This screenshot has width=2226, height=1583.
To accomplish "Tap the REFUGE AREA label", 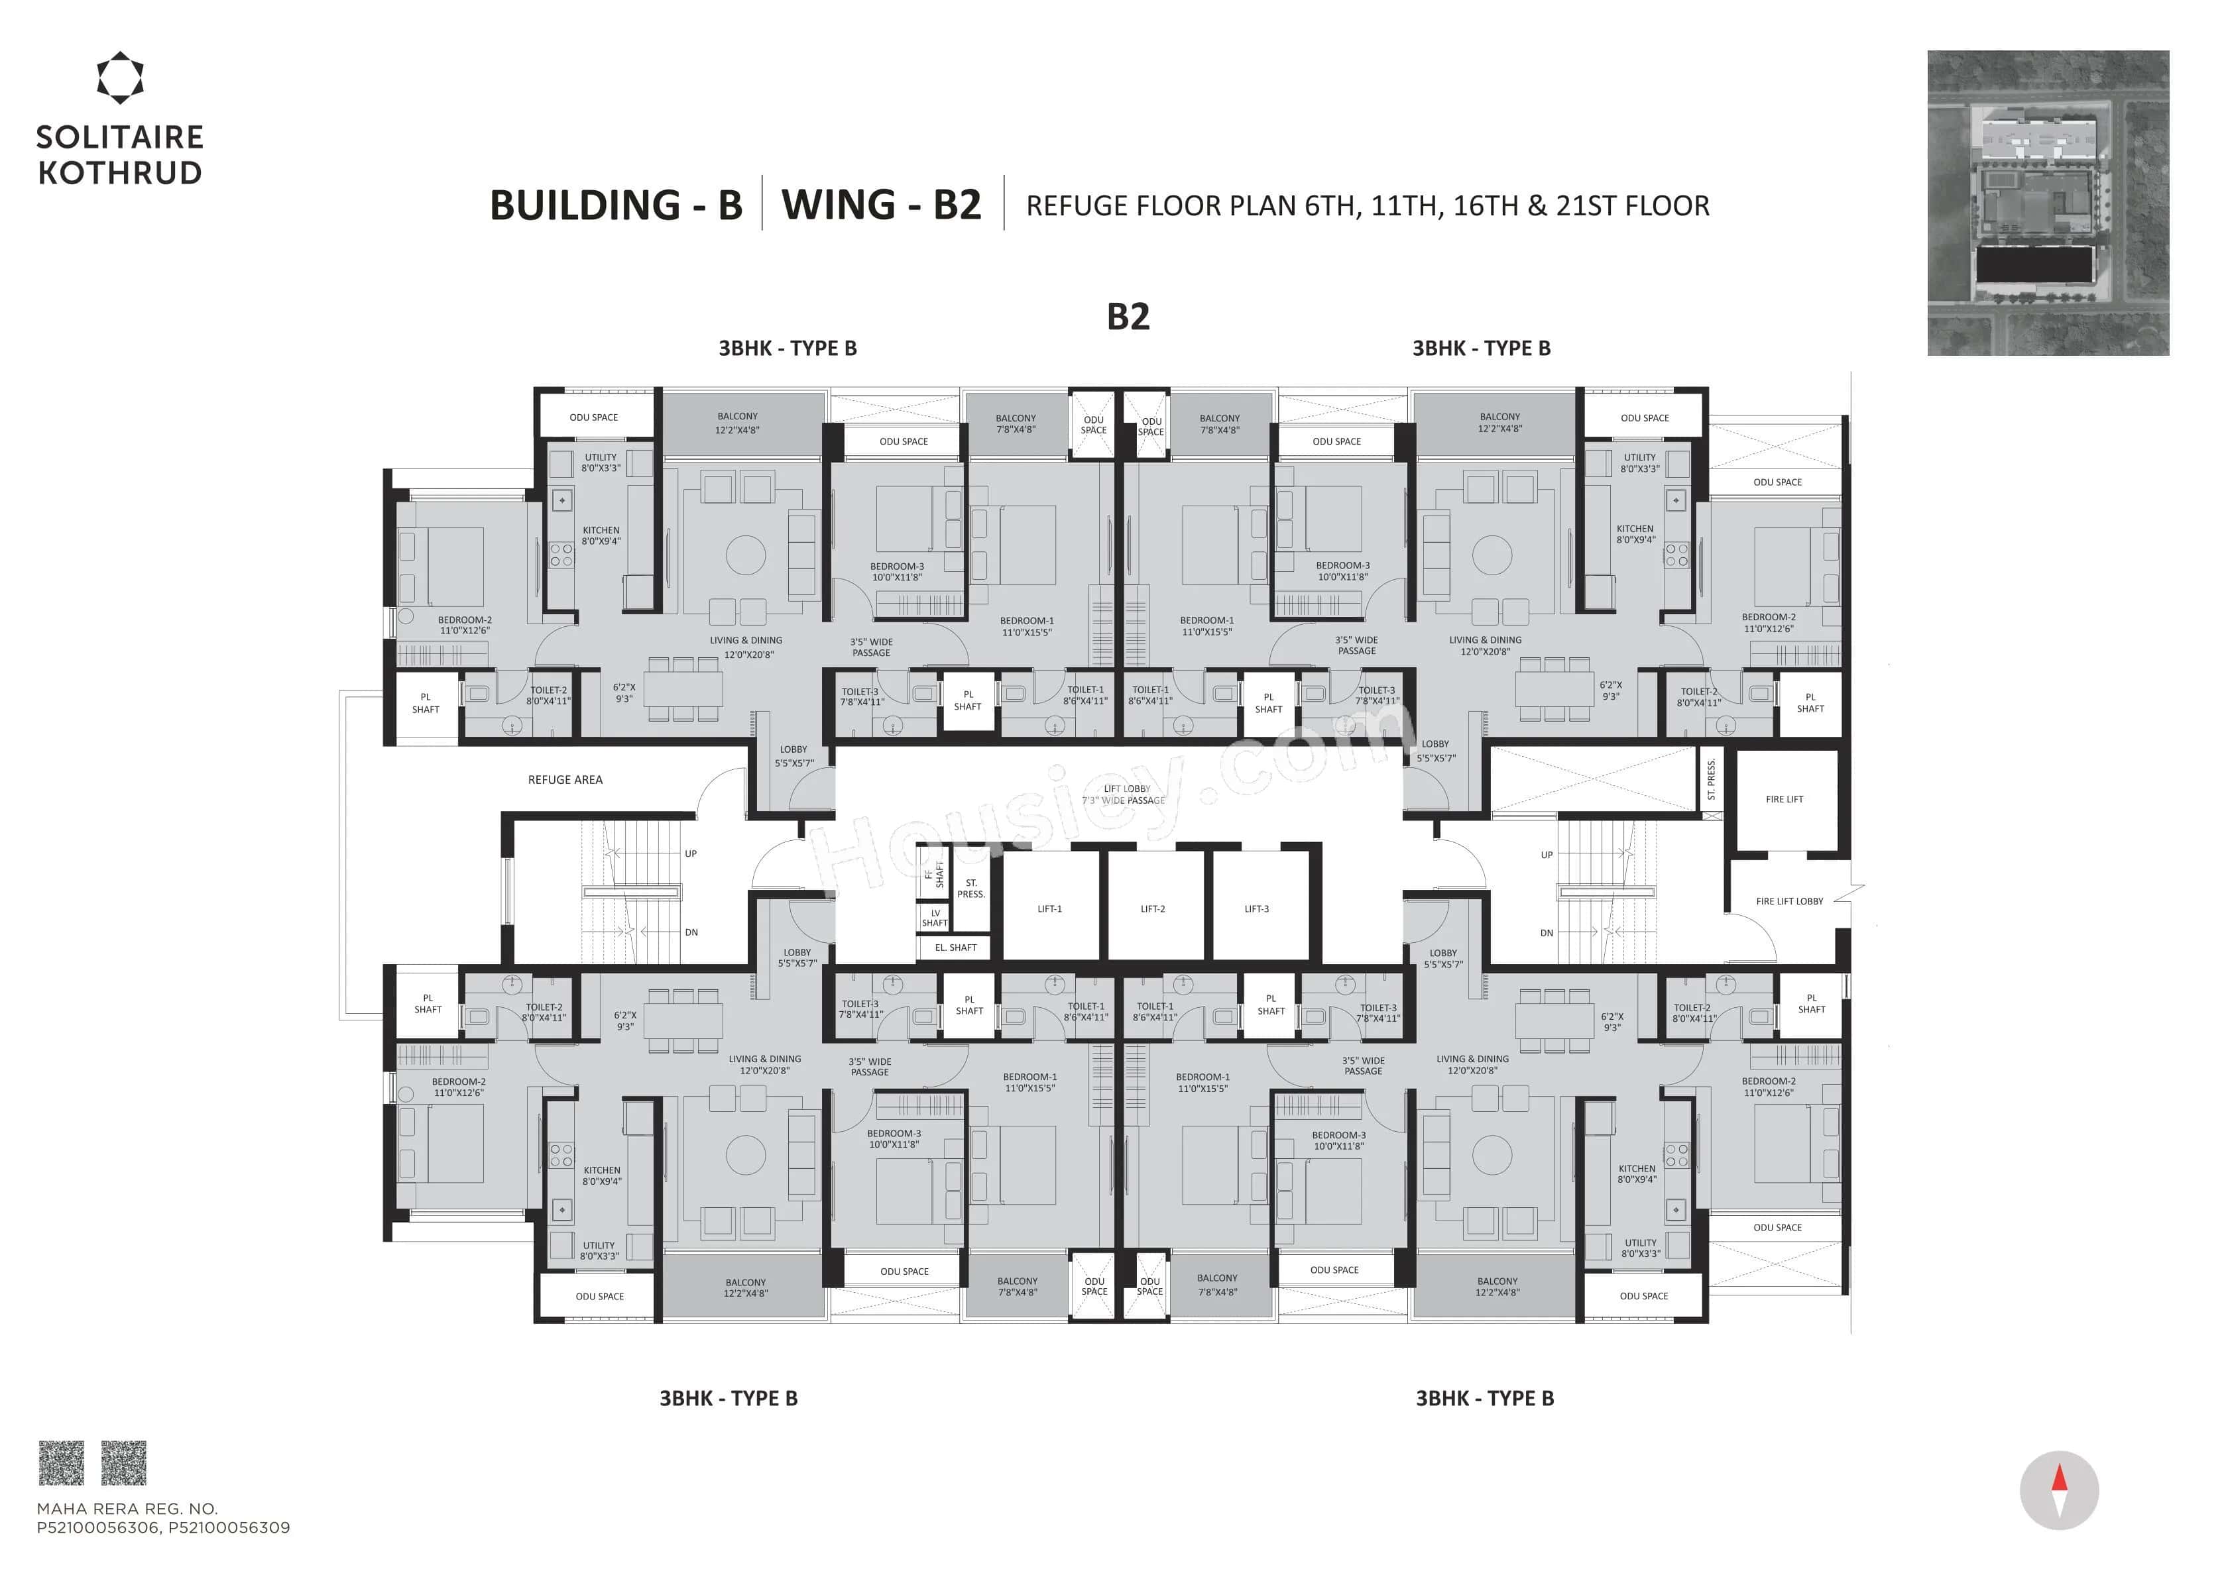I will tap(565, 780).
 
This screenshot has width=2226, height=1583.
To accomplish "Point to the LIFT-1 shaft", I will tap(1049, 908).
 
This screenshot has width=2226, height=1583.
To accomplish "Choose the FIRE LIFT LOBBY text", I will tap(1788, 902).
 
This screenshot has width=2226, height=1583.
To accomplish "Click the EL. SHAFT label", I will tap(955, 948).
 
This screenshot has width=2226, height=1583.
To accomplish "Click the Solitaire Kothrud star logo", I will tap(120, 78).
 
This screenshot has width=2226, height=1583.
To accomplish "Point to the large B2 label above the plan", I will tap(1128, 317).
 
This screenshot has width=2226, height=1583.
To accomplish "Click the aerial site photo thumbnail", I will tap(2048, 203).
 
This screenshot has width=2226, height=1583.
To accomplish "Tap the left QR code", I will tap(60, 1463).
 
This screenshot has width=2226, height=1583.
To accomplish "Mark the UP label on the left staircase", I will tap(690, 854).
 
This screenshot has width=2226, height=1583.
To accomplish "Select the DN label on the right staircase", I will tap(1547, 933).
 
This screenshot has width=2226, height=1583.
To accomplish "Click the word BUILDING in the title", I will tap(583, 205).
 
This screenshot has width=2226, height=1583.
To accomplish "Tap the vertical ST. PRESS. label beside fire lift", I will tap(1710, 780).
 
